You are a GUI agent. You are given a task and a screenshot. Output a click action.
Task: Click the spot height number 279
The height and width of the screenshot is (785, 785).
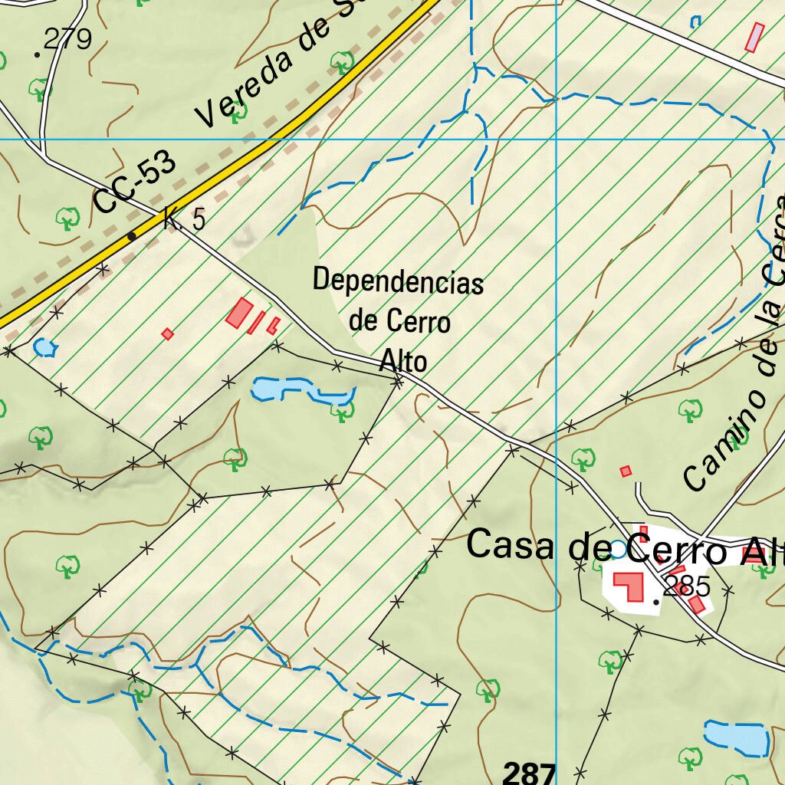pos(67,38)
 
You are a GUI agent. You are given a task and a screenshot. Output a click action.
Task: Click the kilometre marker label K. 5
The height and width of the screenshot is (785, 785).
pos(185,220)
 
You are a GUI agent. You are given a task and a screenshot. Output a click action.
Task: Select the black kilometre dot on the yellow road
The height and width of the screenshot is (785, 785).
pos(132,236)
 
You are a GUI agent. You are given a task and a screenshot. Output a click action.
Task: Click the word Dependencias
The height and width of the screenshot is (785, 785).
pos(398,281)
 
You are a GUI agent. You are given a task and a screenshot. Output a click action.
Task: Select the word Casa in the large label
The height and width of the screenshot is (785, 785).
pos(511,546)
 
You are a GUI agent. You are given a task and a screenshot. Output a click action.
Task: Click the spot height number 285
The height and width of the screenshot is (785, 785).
pos(688,587)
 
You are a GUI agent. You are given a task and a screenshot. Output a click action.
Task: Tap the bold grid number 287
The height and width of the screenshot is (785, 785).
pos(529,773)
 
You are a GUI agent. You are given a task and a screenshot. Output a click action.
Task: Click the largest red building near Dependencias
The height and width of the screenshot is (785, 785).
pos(240,313)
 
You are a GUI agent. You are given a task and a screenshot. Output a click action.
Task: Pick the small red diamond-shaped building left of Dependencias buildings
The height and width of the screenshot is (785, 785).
pos(167,333)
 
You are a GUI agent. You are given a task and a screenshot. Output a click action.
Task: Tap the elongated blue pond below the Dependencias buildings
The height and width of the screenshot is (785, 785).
pos(299,391)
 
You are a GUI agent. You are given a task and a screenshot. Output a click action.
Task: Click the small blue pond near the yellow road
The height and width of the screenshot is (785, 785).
pos(44,347)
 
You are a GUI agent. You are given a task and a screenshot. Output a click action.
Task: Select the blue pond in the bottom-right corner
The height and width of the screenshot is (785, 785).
pos(736,737)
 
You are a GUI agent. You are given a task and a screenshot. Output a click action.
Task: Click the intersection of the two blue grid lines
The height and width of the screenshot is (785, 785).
pos(556,140)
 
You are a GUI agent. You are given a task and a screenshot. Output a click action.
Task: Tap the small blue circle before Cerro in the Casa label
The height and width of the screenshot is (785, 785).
pos(618,549)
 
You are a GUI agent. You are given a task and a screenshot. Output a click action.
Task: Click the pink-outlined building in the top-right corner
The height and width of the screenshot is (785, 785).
pos(755,37)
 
